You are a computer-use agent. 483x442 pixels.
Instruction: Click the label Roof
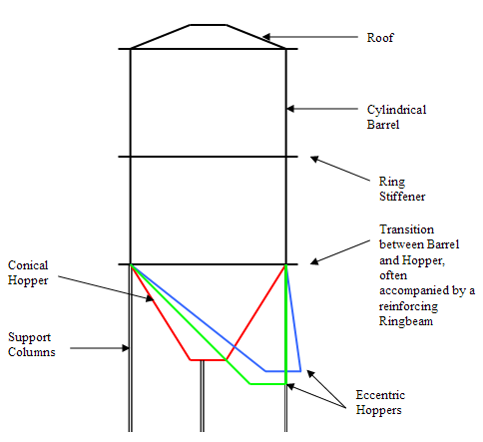[380, 38]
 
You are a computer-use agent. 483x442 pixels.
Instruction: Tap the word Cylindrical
[396, 110]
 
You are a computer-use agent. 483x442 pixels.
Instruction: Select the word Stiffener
[402, 197]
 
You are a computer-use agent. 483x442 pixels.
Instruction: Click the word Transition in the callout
[406, 229]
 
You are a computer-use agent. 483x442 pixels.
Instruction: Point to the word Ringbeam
[406, 321]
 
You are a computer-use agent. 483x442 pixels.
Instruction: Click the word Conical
[28, 265]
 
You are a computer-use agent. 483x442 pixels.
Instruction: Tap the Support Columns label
[32, 344]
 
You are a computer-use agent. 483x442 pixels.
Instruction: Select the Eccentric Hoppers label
[380, 402]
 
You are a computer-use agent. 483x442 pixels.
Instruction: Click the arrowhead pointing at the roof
[266, 37]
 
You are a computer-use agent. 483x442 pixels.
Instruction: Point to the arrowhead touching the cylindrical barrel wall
[290, 109]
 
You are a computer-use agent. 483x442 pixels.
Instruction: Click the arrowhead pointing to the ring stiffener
[314, 159]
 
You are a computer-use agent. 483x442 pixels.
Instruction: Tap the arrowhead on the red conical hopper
[150, 298]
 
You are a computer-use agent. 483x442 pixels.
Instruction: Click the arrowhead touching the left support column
[125, 348]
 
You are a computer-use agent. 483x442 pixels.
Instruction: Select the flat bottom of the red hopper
[209, 360]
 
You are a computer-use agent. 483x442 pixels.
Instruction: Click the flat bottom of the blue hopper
[283, 371]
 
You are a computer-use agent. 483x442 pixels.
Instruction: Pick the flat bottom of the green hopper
[267, 384]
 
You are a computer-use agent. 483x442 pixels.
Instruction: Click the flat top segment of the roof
[208, 25]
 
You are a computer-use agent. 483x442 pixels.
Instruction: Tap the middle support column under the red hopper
[202, 396]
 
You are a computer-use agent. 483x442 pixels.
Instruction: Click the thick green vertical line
[285, 324]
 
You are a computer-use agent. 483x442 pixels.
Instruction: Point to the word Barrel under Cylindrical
[383, 125]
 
